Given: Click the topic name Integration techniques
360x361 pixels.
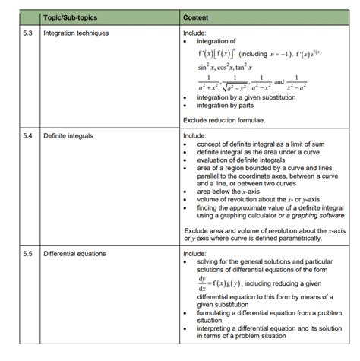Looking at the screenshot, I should pyautogui.click(x=76, y=33).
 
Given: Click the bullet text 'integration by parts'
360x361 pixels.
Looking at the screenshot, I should pyautogui.click(x=228, y=106).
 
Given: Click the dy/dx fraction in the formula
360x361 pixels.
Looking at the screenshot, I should pyautogui.click(x=203, y=284).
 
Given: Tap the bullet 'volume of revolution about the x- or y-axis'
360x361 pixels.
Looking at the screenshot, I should pyautogui.click(x=261, y=200).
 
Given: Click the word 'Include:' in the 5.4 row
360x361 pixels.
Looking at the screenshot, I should pyautogui.click(x=195, y=135).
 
